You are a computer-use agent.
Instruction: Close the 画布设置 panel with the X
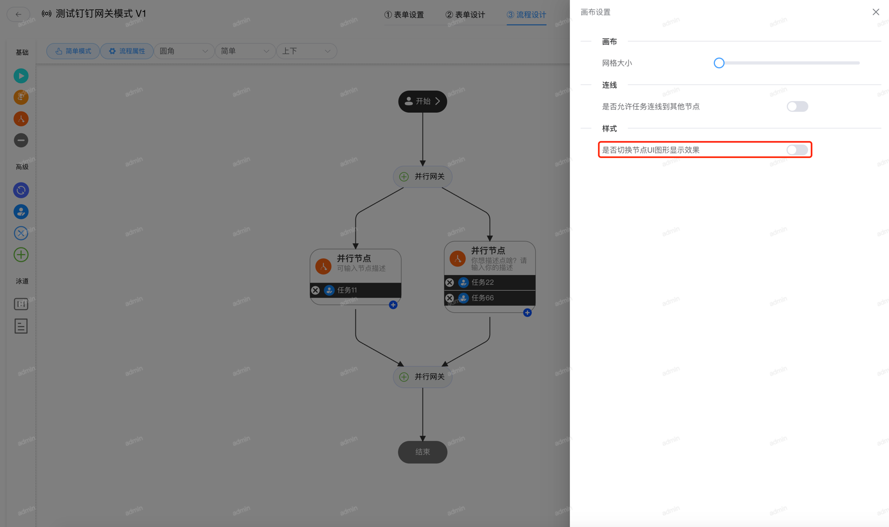[876, 12]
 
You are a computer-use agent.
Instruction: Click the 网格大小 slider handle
[719, 63]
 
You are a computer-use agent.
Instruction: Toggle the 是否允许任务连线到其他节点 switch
[797, 106]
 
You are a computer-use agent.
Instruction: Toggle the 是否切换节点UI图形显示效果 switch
[797, 150]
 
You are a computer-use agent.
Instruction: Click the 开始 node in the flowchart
[423, 102]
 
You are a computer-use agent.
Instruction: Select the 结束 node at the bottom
[423, 452]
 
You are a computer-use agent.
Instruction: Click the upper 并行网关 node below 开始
[423, 176]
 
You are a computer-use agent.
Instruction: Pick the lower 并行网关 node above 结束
[423, 377]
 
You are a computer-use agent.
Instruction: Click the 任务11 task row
[360, 290]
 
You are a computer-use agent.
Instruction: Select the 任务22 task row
[494, 282]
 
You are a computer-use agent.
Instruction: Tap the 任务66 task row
[494, 298]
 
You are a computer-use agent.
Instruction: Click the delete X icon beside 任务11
[315, 290]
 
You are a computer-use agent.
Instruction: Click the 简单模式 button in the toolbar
[73, 51]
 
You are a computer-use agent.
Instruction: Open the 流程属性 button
[127, 51]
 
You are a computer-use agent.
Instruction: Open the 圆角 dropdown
[183, 51]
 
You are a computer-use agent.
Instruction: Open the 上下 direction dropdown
[306, 51]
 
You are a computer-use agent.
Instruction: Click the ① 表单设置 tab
[404, 15]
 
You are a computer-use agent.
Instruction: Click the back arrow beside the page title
[18, 14]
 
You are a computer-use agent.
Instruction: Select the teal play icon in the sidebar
[21, 76]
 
